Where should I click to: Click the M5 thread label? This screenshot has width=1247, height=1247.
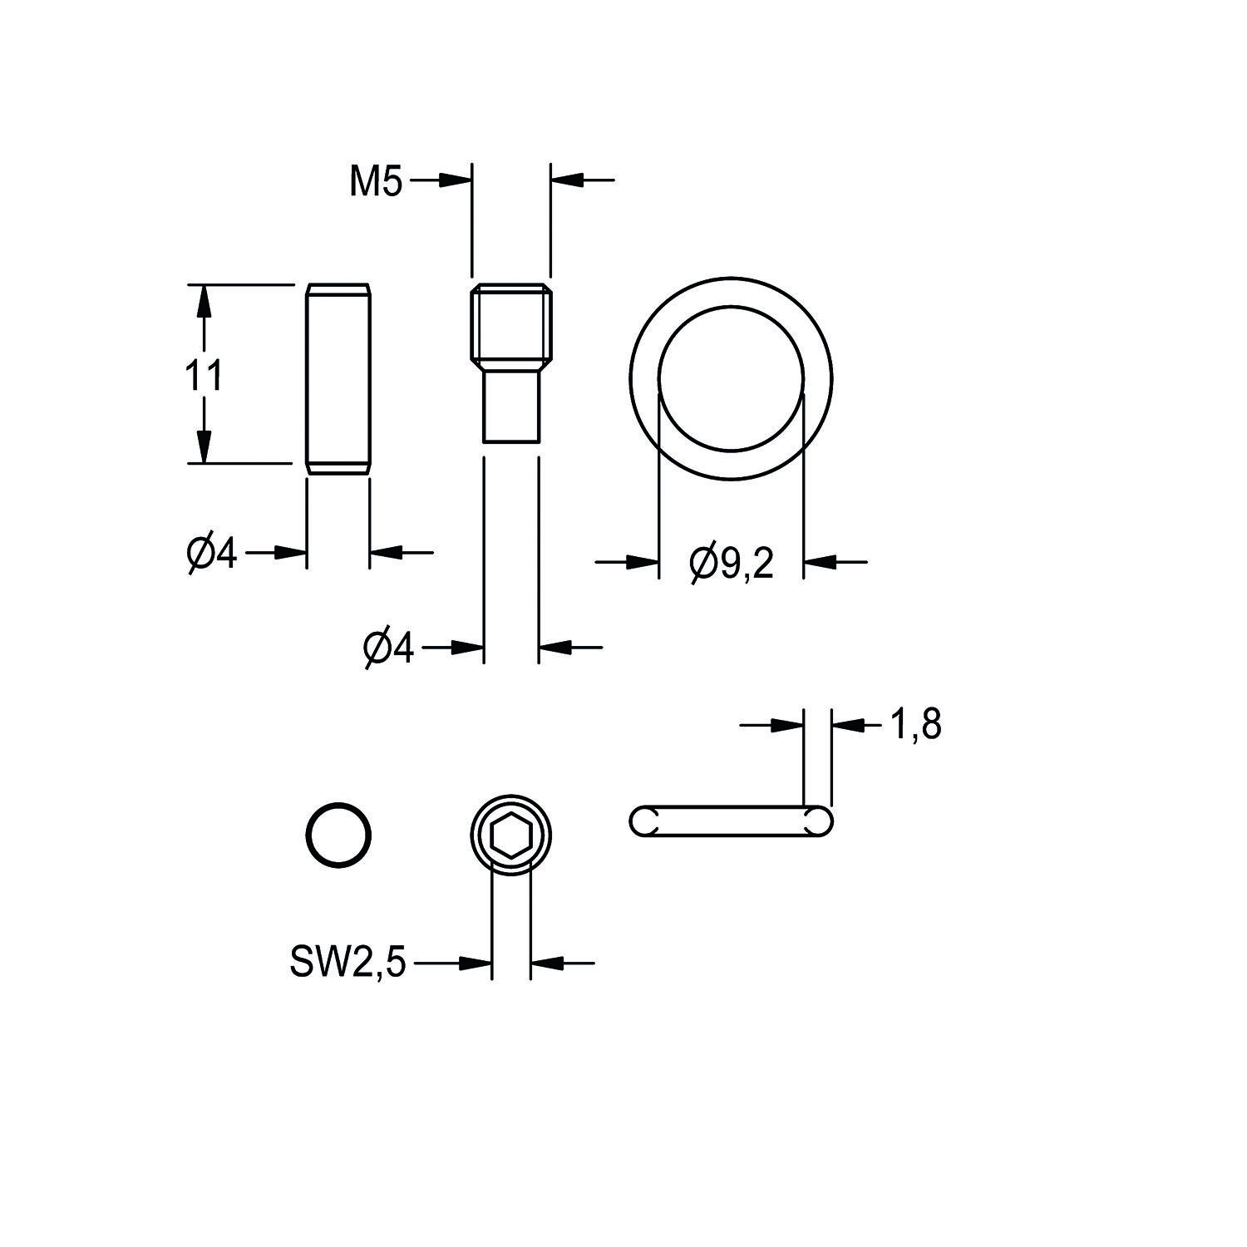[x=376, y=181]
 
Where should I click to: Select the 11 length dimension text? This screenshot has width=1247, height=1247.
[x=203, y=376]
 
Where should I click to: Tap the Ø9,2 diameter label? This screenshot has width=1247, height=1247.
[x=731, y=564]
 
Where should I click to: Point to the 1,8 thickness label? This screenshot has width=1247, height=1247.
[x=915, y=725]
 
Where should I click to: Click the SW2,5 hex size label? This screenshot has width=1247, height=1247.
[x=347, y=964]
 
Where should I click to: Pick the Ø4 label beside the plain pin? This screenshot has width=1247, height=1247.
[x=212, y=554]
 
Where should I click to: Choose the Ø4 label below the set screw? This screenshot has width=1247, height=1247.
[x=388, y=648]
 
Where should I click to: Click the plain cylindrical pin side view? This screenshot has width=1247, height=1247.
[x=338, y=379]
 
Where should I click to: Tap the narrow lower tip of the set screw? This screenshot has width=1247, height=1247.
[x=511, y=407]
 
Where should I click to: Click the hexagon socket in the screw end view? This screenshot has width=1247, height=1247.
[x=510, y=835]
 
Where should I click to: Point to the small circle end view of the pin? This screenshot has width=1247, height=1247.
[x=338, y=834]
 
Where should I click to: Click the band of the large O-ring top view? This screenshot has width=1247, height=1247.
[x=644, y=378]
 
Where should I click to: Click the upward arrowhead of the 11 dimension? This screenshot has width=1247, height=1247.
[x=201, y=299]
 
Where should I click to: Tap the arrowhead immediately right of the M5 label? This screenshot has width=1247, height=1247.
[x=456, y=180]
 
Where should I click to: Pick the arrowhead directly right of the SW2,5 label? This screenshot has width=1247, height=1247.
[x=476, y=964]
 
